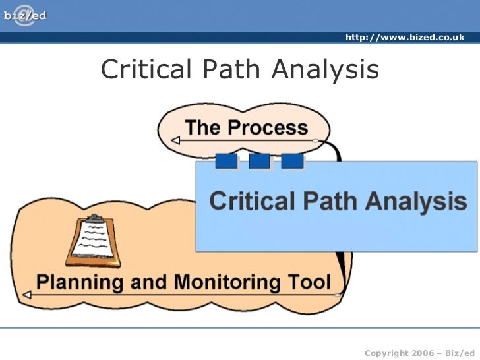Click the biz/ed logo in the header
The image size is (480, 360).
25,13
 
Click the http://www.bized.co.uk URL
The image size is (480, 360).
405,38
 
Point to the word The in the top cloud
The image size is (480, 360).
202,127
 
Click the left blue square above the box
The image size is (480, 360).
226,161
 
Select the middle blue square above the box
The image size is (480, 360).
259,161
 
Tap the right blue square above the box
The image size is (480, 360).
292,161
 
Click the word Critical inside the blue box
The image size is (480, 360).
251,200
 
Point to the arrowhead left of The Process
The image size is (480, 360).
174,140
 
